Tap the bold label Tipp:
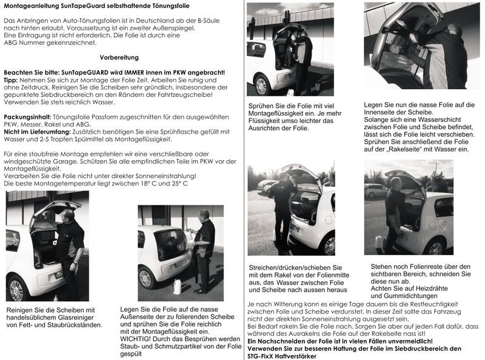tap(12, 81)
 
